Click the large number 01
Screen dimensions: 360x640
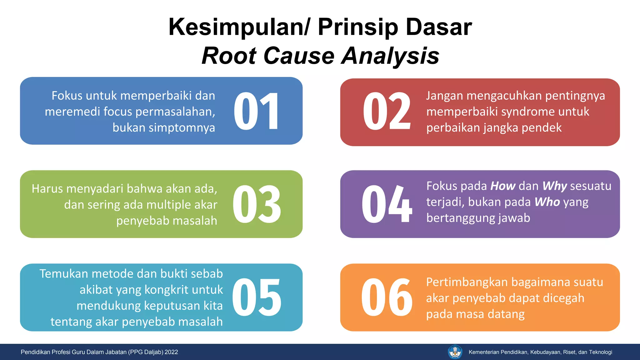(x=256, y=111)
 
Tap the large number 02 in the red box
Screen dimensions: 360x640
(x=387, y=111)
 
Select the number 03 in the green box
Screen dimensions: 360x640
(x=257, y=204)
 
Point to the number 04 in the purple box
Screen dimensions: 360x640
(x=387, y=204)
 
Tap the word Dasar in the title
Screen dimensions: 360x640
(x=439, y=27)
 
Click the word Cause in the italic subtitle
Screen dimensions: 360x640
(x=299, y=56)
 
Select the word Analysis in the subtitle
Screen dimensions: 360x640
(x=390, y=56)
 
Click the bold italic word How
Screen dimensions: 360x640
(x=503, y=186)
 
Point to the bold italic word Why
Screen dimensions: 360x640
(x=554, y=186)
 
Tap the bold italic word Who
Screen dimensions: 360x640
(x=547, y=202)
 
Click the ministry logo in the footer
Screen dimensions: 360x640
(x=455, y=352)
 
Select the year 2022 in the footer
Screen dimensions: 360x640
(x=171, y=352)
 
